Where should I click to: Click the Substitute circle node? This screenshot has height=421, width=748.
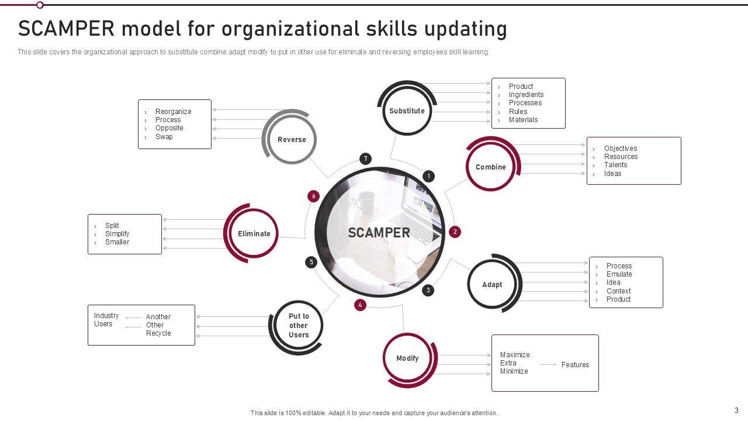[407, 111]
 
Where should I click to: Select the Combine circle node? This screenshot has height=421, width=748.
[491, 167]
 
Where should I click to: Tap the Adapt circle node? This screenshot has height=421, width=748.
[492, 285]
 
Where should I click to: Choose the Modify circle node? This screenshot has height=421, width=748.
[407, 358]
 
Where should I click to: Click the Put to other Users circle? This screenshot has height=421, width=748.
[298, 326]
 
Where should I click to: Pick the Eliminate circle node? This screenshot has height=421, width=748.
[254, 233]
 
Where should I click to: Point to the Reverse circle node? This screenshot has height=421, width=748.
[292, 140]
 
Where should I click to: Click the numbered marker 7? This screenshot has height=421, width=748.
[365, 158]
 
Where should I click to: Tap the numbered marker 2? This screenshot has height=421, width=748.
[455, 232]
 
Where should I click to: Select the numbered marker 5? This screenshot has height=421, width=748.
[311, 262]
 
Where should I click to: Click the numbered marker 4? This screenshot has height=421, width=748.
[360, 305]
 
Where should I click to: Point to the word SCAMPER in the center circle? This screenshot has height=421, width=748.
[379, 233]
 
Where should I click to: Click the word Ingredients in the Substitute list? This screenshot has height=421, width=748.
[526, 95]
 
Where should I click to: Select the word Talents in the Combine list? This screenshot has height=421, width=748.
[615, 165]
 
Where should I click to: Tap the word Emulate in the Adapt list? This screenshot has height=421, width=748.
[619, 274]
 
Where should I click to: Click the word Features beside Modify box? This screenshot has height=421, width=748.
[575, 365]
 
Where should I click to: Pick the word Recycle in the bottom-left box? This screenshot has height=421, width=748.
[158, 333]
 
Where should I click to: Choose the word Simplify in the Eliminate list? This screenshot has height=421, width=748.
[117, 234]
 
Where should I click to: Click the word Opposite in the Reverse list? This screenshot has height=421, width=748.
[169, 128]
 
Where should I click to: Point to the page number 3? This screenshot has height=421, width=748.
[736, 410]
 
